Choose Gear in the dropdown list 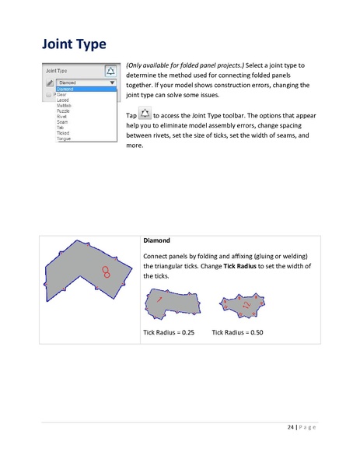point(61,94)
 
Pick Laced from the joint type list point(63,100)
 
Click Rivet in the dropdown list point(62,116)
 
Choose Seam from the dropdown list point(62,121)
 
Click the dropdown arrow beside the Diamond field point(112,82)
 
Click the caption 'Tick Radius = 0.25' point(169,332)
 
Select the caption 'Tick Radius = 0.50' point(237,332)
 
